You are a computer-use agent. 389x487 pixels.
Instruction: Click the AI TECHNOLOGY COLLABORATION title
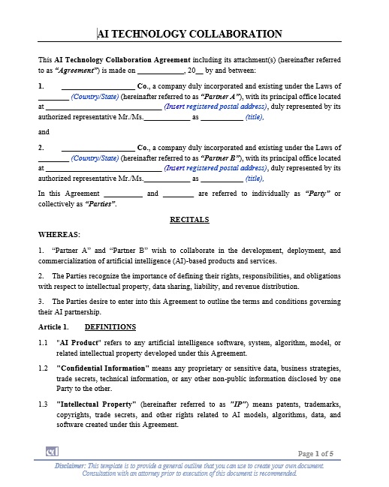[190, 34]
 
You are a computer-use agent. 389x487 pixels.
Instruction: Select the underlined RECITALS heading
[189, 220]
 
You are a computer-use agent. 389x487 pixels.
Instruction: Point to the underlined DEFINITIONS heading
[110, 327]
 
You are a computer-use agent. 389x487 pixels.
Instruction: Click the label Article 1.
[53, 327]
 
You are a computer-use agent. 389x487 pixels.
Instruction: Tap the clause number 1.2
[44, 368]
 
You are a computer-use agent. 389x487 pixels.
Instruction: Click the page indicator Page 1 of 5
[320, 454]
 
